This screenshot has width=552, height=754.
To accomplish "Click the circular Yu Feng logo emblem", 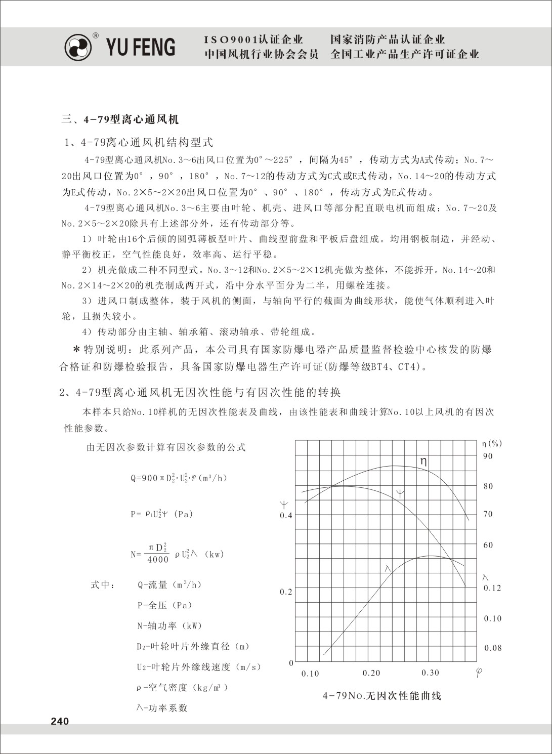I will click(x=78, y=48).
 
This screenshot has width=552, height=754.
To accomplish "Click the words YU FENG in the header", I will click(x=141, y=47).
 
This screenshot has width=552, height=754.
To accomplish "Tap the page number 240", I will click(x=60, y=721).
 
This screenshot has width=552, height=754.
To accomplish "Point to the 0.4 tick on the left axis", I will click(x=286, y=516).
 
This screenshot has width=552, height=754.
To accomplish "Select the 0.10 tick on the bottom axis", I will click(x=310, y=674).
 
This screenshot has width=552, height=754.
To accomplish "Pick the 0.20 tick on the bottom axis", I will click(x=371, y=673).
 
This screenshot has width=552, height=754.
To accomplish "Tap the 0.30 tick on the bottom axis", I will click(x=430, y=673).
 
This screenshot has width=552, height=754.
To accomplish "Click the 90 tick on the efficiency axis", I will click(x=488, y=456).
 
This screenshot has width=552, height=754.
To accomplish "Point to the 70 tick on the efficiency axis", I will click(x=488, y=514).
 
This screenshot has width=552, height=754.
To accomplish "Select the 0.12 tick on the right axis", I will click(x=492, y=588).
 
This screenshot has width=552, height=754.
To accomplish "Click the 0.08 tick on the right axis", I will click(x=493, y=648).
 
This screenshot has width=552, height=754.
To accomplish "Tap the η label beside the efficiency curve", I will click(x=423, y=462).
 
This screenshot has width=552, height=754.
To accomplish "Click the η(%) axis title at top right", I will click(x=492, y=444).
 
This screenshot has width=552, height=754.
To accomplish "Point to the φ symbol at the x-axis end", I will click(x=479, y=673).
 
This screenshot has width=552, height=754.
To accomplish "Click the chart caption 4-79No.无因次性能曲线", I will click(x=382, y=696).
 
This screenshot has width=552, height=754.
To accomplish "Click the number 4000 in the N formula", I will click(x=158, y=560).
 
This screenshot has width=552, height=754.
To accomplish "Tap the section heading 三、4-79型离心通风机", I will click(x=120, y=120).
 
